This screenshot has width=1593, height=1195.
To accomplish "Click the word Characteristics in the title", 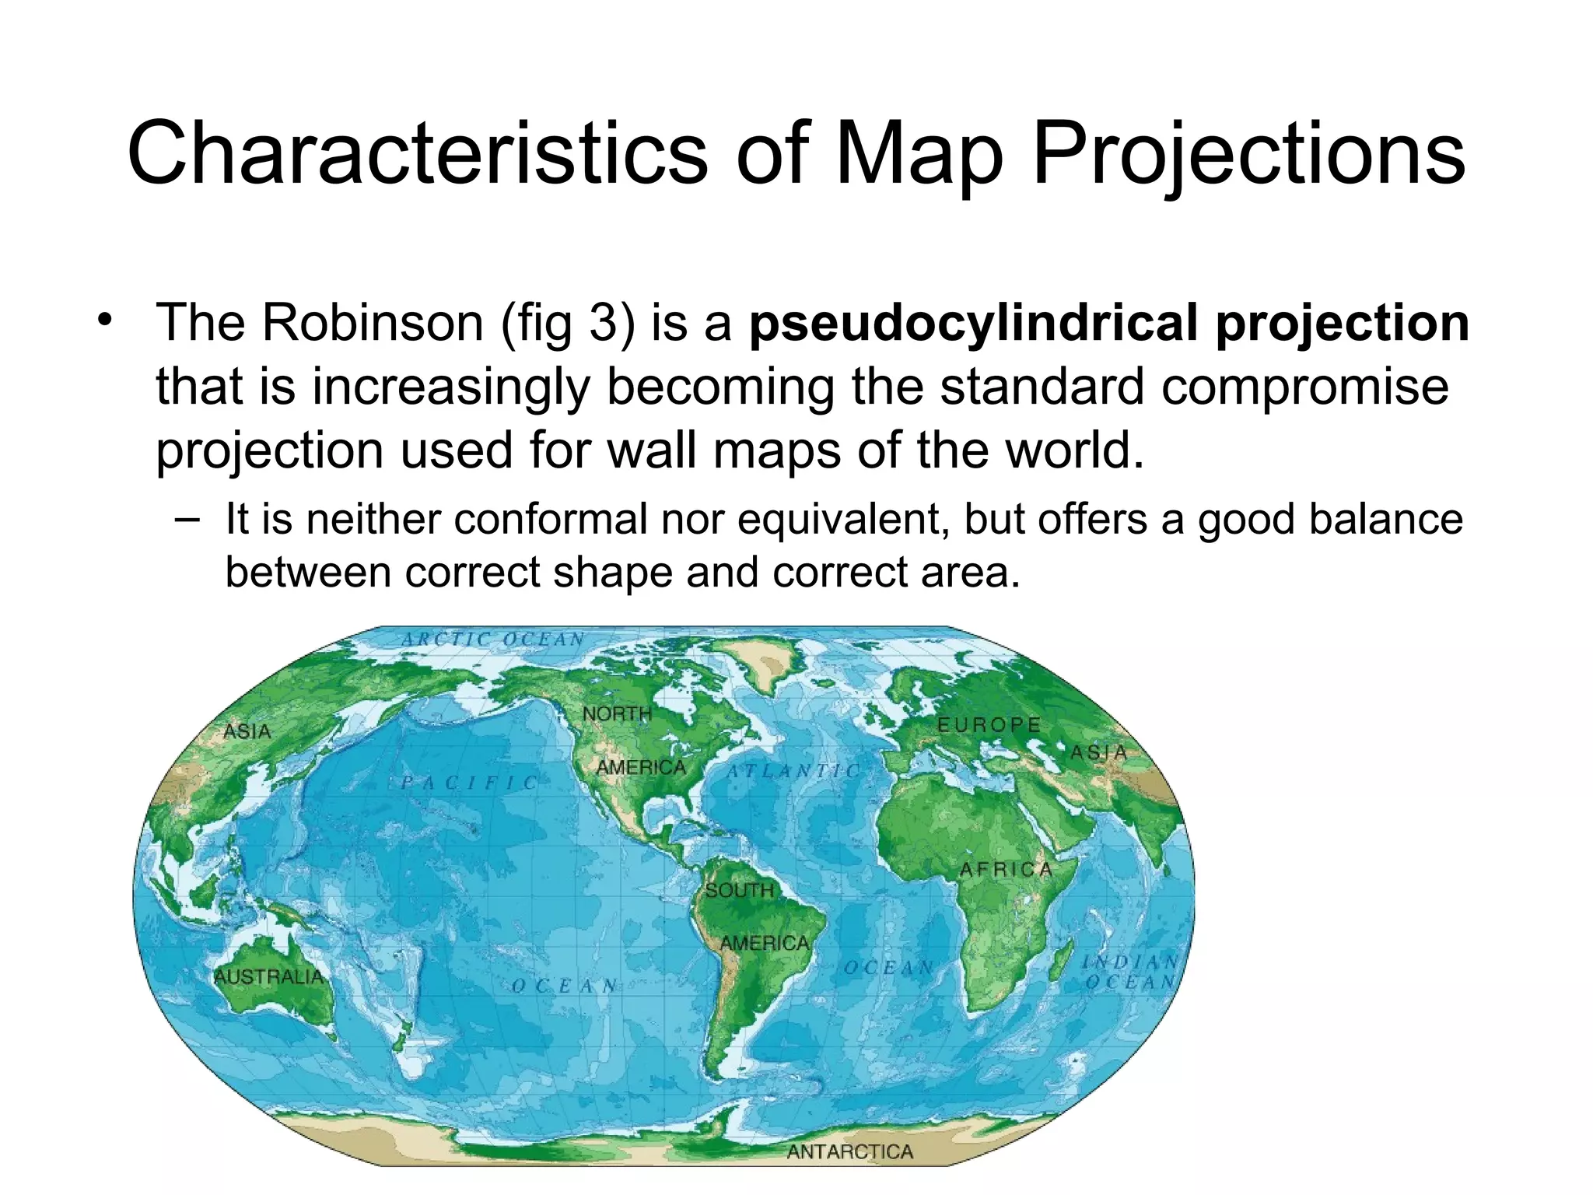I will [x=417, y=153].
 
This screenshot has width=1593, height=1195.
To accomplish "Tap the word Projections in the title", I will [x=1248, y=153].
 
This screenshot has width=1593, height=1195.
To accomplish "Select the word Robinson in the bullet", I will [x=372, y=322].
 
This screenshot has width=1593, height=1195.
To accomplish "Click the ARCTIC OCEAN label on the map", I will [x=493, y=640].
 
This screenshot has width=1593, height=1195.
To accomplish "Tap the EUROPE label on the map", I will [x=989, y=725].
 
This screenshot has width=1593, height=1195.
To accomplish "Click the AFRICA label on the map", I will [x=1006, y=870].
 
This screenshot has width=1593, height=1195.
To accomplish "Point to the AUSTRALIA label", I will [x=268, y=976].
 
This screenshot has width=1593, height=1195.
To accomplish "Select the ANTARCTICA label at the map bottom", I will [x=849, y=1151].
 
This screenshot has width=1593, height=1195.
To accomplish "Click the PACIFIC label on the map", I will [x=469, y=783].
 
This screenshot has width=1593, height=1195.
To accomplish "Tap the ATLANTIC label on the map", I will [x=793, y=771].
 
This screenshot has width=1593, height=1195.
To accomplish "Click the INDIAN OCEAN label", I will [x=1129, y=972].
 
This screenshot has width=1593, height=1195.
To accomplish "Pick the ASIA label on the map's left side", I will [x=247, y=731].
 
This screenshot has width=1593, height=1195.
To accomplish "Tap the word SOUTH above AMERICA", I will [x=739, y=890].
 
